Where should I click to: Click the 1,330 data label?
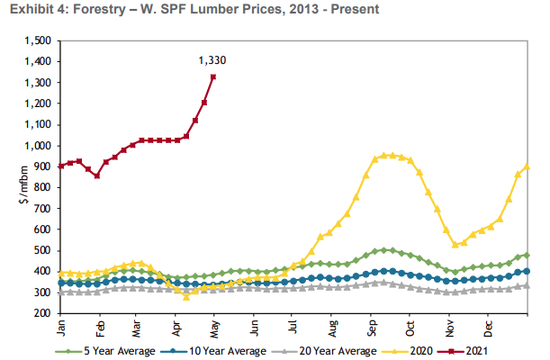(212, 61)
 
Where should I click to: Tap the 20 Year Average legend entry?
(315, 350)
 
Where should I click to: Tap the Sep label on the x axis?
(372, 325)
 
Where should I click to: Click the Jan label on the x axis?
(61, 325)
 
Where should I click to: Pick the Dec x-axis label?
(488, 325)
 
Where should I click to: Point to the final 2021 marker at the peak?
(213, 76)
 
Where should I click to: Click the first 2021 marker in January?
(61, 166)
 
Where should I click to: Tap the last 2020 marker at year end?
(527, 166)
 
